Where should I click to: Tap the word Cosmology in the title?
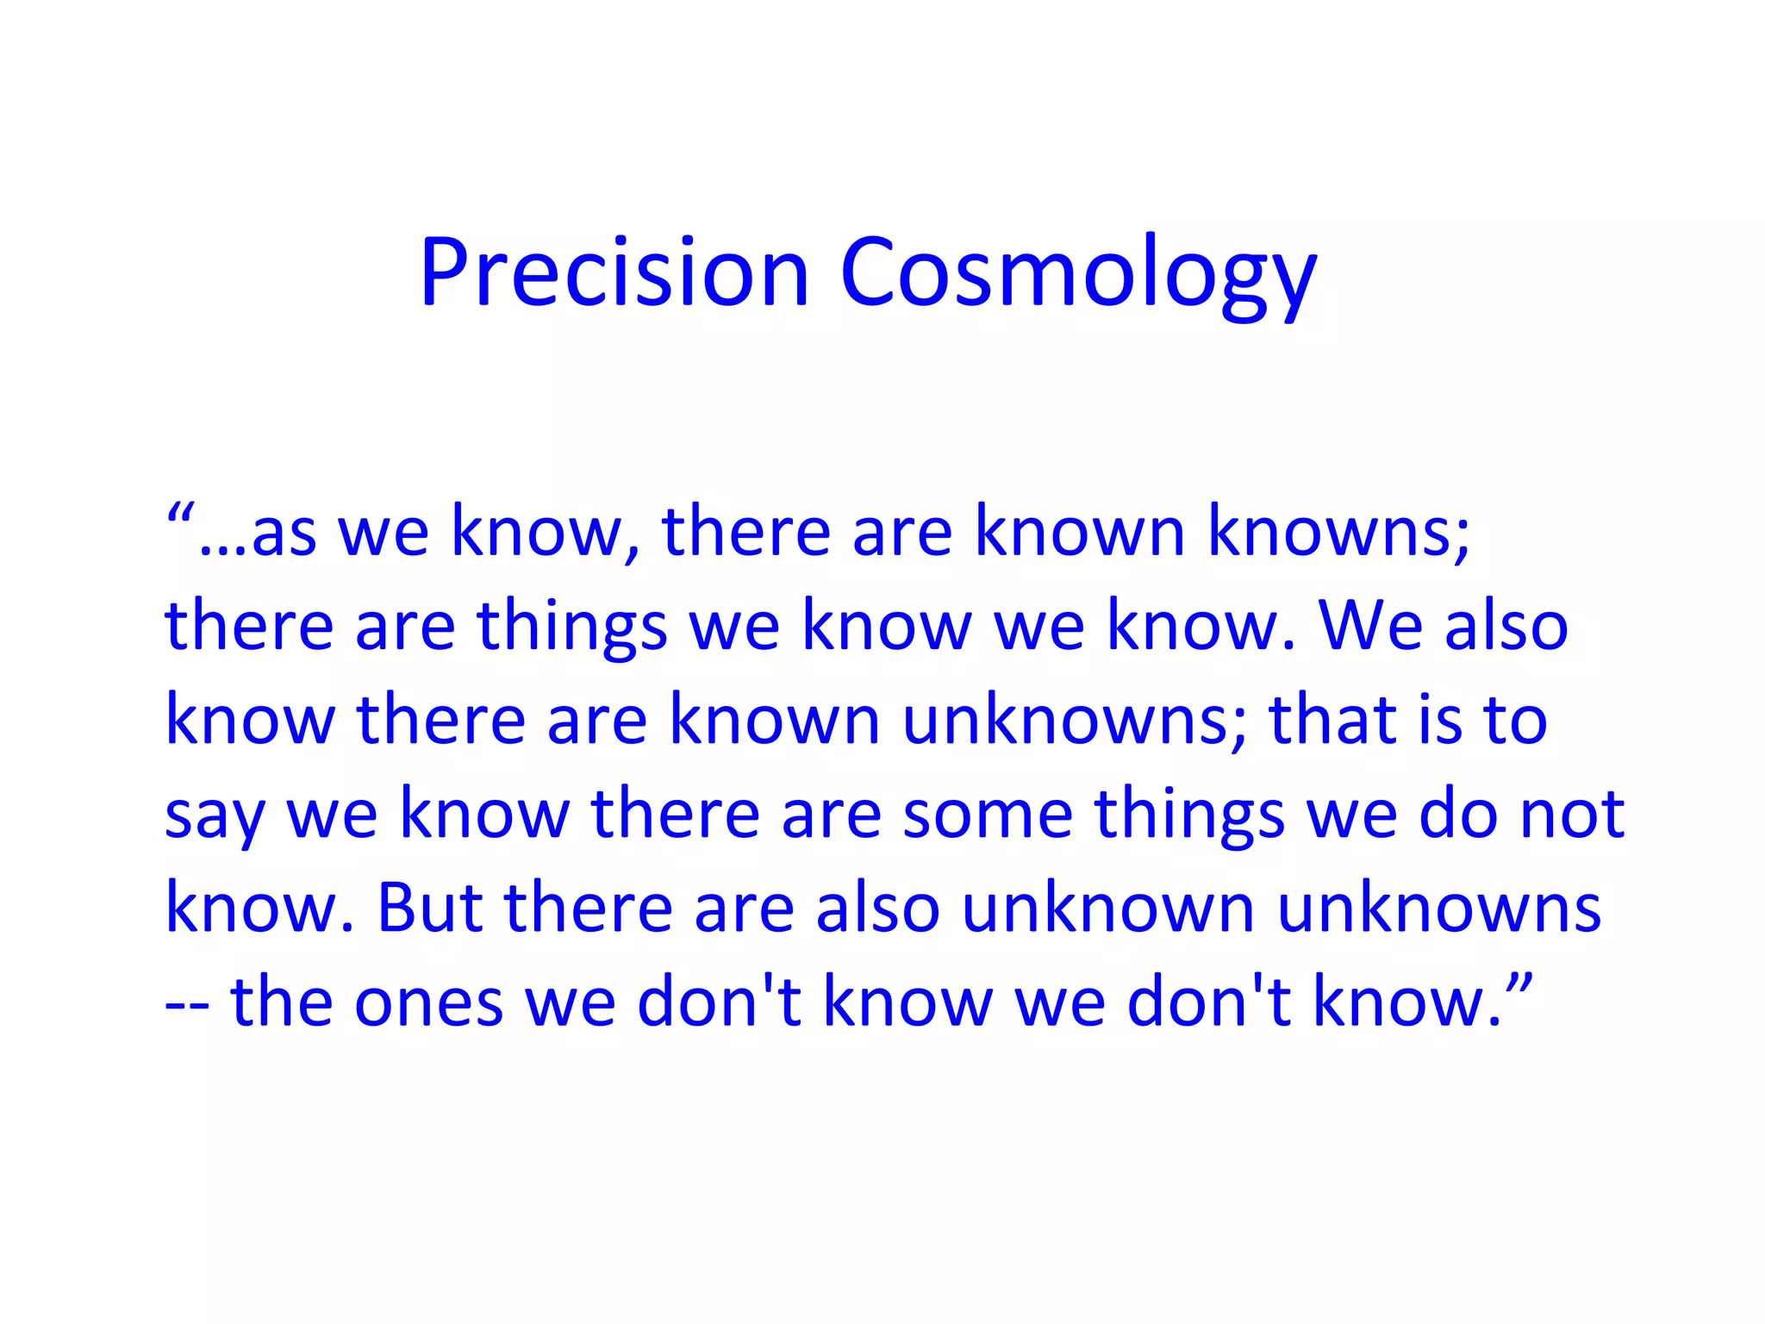(1078, 274)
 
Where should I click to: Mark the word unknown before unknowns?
(1107, 909)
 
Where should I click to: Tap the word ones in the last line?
(429, 1003)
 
